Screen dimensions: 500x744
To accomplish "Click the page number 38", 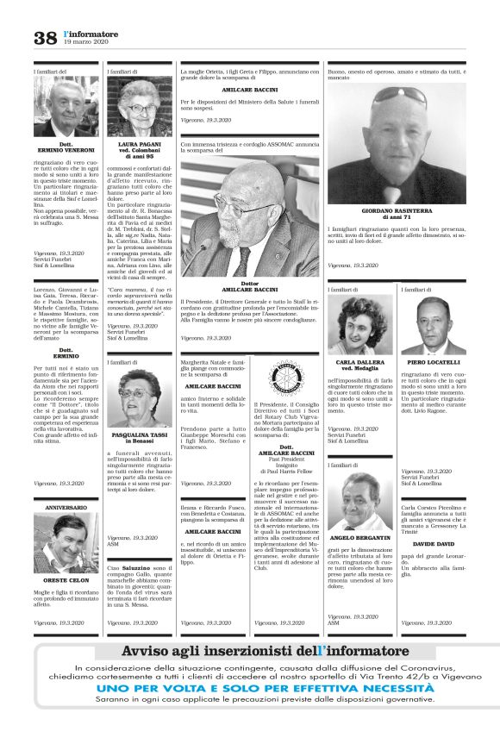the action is click(45, 37).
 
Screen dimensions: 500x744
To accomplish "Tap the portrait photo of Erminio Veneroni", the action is click(66, 107).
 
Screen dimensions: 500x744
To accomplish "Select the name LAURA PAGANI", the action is click(140, 144).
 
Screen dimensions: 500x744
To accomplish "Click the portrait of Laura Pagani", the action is click(140, 107).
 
